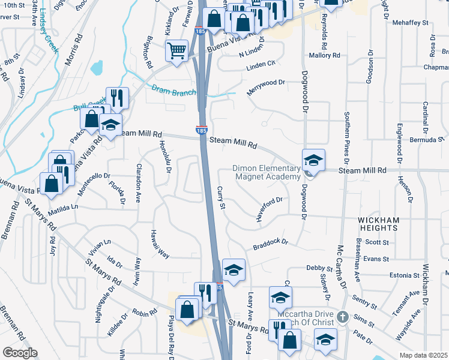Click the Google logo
pos(20,352)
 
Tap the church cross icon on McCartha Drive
pos(342,316)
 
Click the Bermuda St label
pos(428,139)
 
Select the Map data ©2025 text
pos(423,355)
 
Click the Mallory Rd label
pos(324,55)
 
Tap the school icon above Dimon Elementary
pos(313,160)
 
